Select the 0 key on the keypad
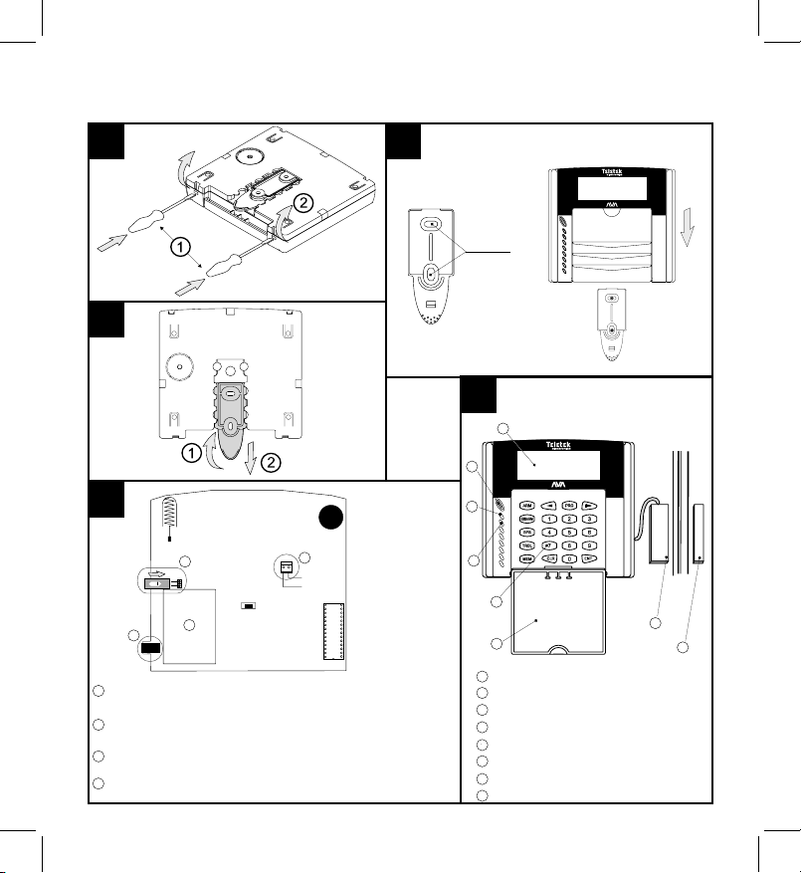coord(569,559)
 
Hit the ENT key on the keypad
coord(589,559)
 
